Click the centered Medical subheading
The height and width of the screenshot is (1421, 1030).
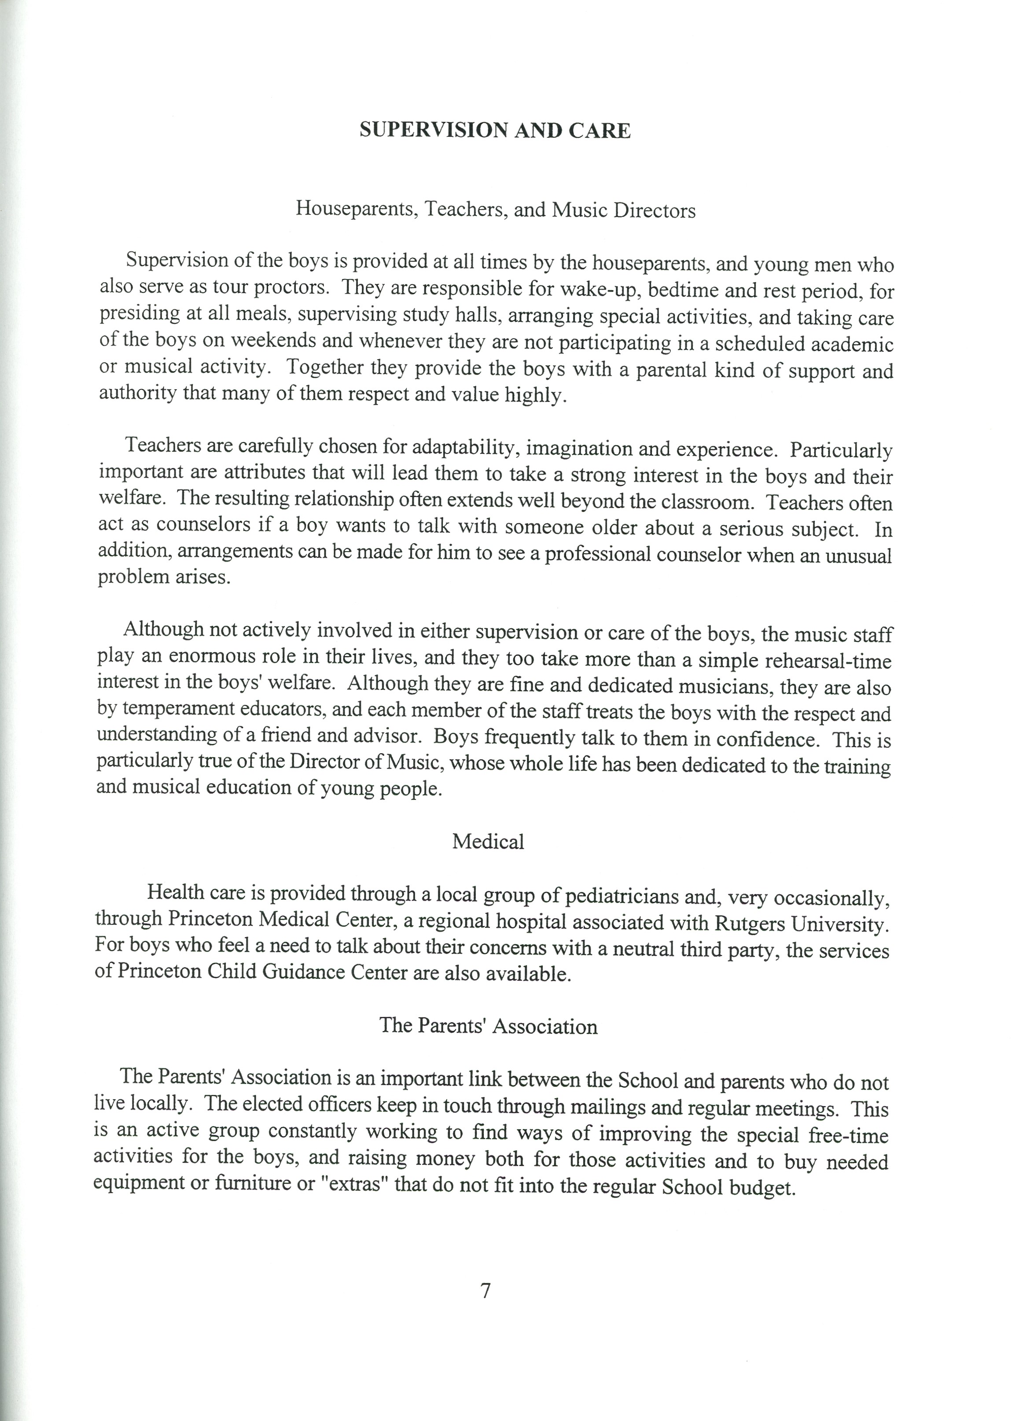coord(488,841)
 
